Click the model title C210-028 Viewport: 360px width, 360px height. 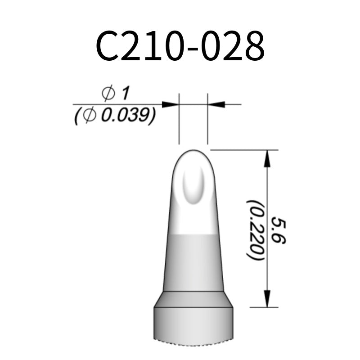point(180,47)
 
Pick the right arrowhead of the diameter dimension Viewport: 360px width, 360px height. point(216,104)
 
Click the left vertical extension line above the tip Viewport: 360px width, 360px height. point(179,119)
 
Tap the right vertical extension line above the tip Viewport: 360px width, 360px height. point(207,119)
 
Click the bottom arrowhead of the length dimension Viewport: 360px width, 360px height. point(268,299)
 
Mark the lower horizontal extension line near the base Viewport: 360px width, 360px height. point(265,308)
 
